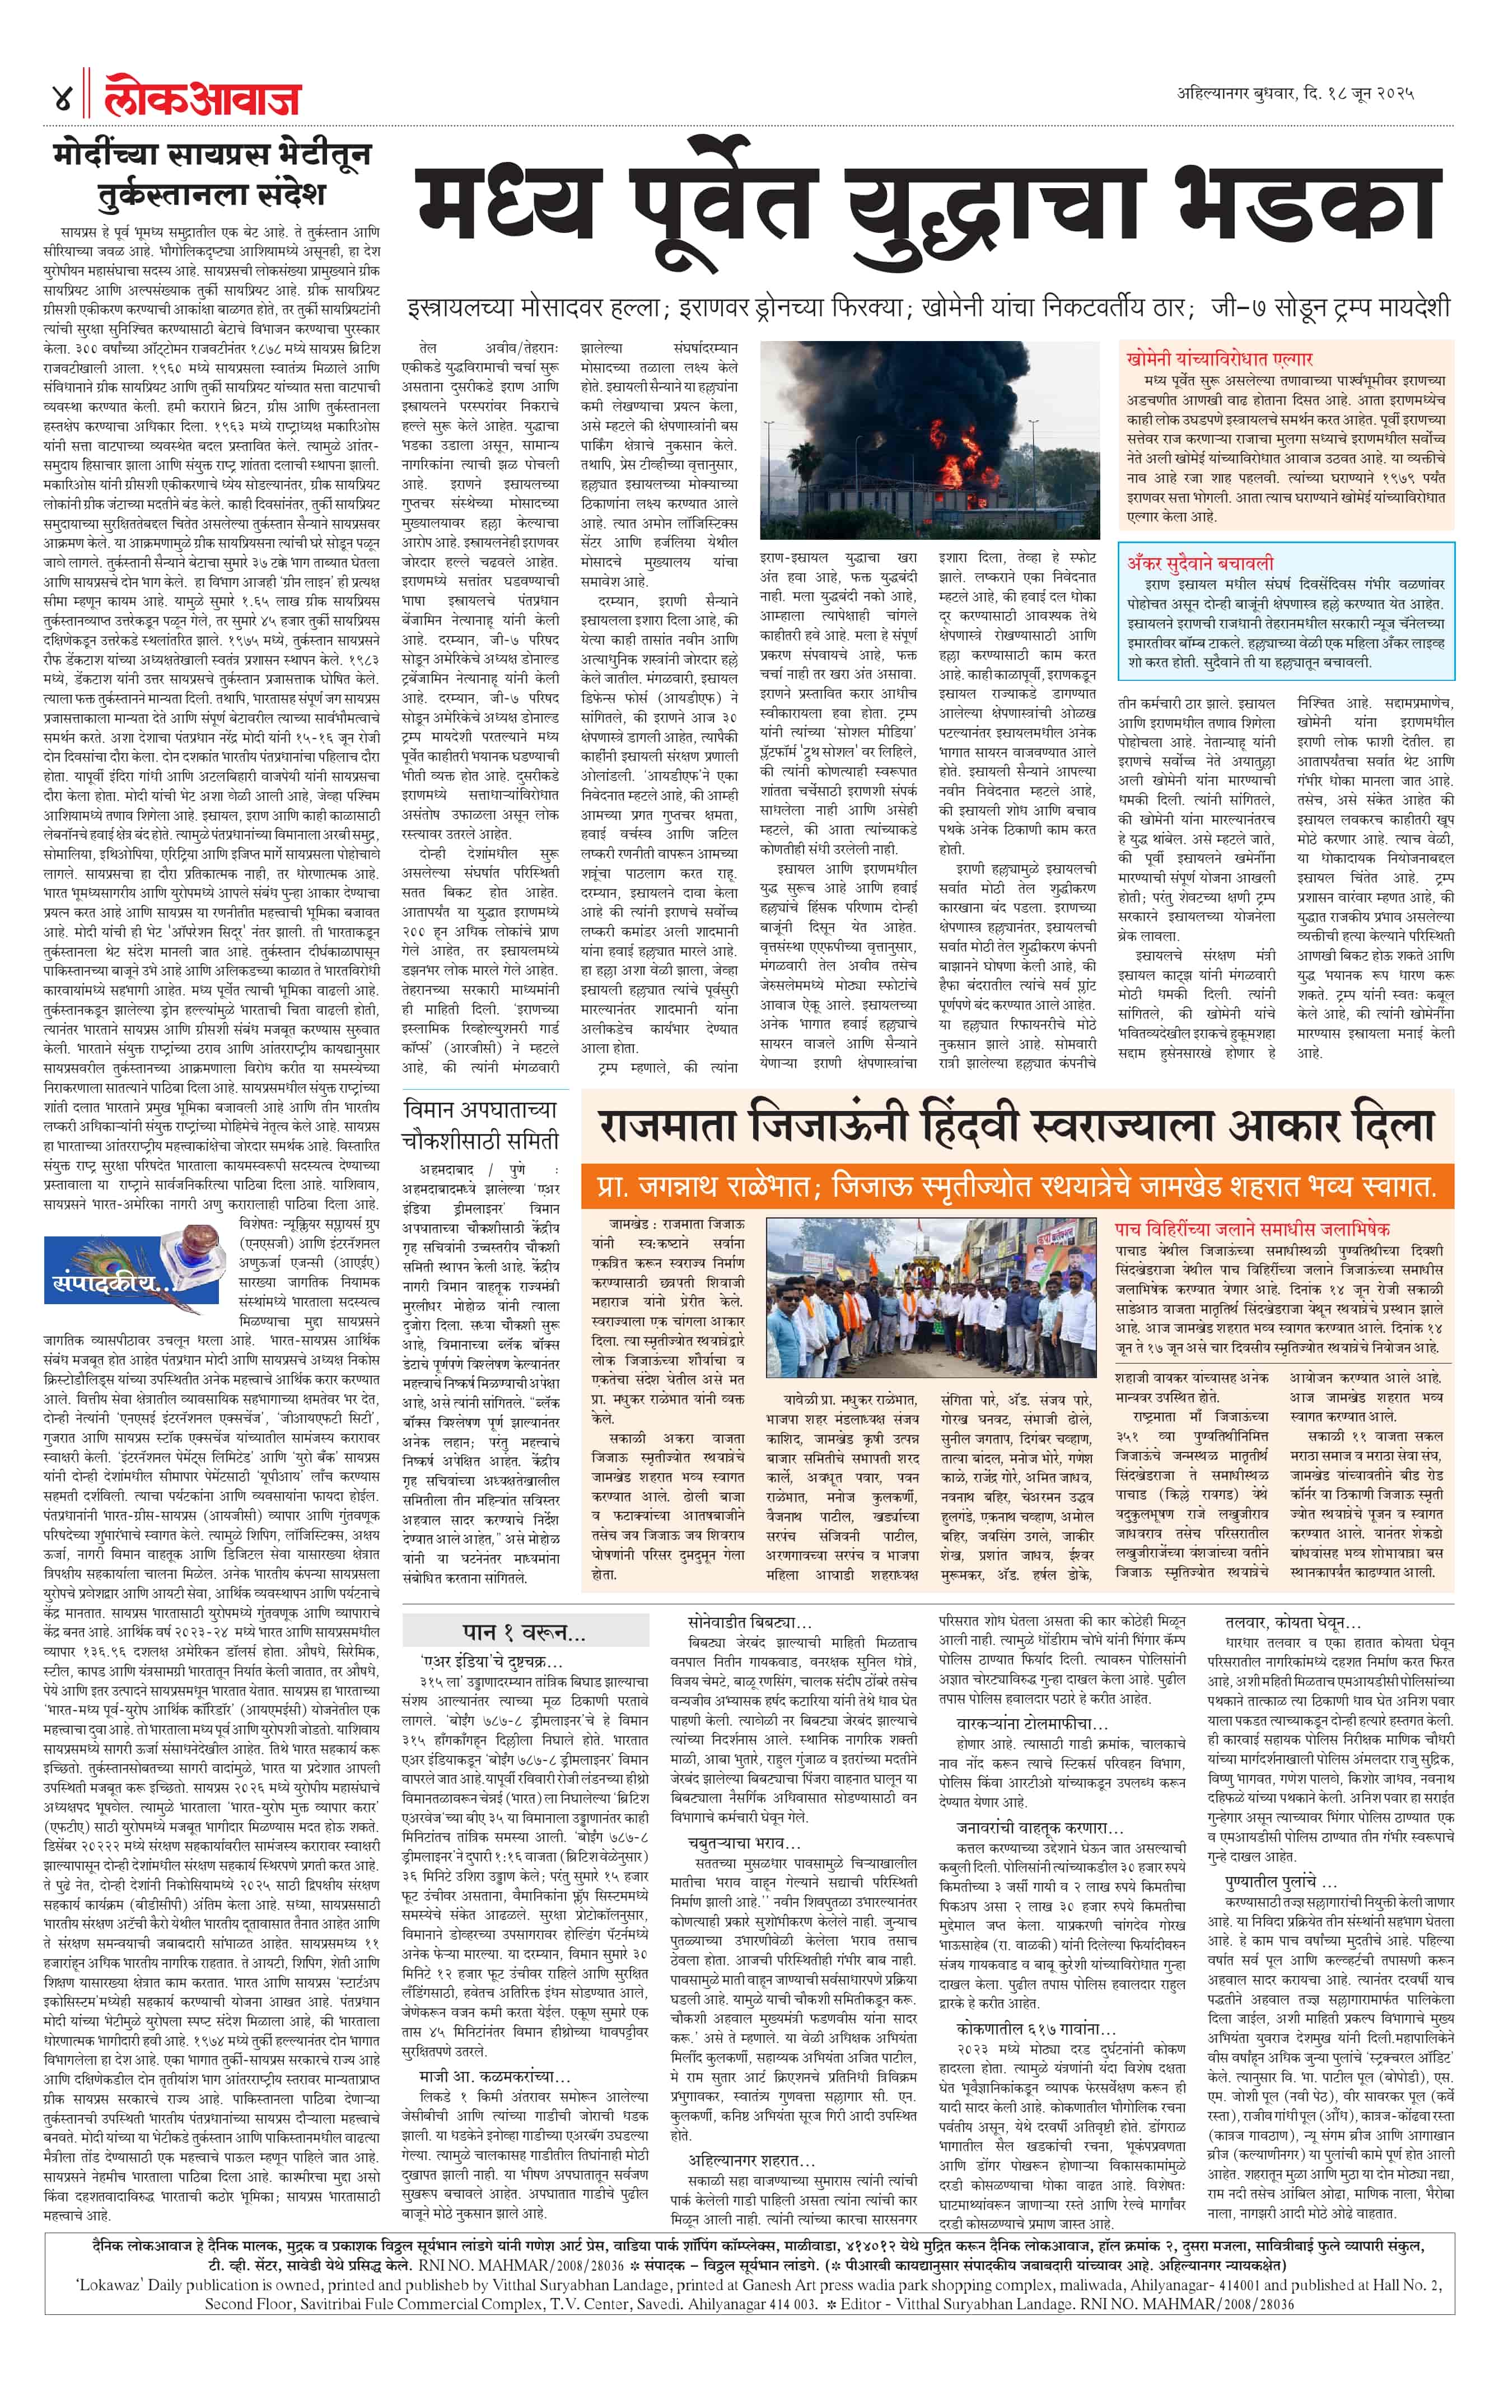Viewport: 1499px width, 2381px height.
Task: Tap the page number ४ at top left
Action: (60, 99)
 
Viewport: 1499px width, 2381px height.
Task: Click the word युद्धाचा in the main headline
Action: (989, 209)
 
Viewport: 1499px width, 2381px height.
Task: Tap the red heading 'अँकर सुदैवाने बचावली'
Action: (1201, 563)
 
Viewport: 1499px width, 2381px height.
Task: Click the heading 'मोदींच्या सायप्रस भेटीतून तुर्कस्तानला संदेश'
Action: (213, 173)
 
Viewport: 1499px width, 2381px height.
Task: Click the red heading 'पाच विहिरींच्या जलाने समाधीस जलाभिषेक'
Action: (1252, 1229)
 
